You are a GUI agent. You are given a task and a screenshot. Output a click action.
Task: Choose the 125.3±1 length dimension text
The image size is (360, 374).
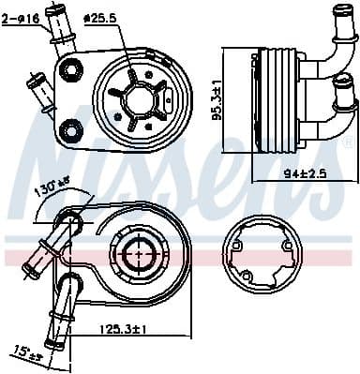tap(126, 330)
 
